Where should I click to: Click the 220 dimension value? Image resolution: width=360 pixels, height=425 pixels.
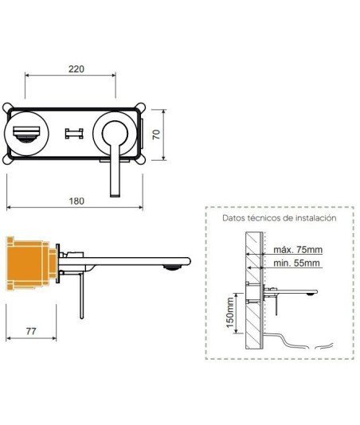point(76,69)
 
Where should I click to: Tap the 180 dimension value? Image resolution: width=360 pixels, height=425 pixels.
point(76,201)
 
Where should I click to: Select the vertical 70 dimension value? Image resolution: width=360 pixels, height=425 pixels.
point(156,135)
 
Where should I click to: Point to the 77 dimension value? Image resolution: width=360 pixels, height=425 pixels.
point(31,331)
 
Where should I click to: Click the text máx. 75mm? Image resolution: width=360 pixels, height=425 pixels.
point(298,249)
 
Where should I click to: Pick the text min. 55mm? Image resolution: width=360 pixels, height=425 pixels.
point(296,263)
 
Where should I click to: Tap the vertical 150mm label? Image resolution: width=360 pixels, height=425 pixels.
point(230,313)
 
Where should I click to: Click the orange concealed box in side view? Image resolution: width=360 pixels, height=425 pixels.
point(30,263)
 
